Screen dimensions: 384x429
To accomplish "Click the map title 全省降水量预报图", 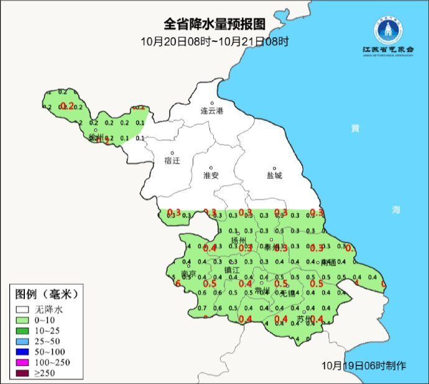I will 214,24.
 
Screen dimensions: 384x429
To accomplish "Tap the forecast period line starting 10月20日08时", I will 214,42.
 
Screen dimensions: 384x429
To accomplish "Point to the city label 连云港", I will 211,111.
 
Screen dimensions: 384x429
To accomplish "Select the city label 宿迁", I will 172,161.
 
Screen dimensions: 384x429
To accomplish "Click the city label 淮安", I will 211,176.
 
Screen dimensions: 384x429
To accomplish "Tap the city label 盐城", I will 274,176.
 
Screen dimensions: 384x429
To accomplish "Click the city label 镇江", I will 231,270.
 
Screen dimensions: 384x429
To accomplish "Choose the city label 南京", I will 188,274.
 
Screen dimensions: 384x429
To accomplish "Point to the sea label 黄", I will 354,128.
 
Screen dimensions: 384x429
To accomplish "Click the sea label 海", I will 396,209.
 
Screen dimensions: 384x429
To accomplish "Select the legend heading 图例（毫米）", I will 47,293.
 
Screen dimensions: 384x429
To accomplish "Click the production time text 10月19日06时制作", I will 364,365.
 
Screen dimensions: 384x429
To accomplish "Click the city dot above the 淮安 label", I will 211,167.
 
